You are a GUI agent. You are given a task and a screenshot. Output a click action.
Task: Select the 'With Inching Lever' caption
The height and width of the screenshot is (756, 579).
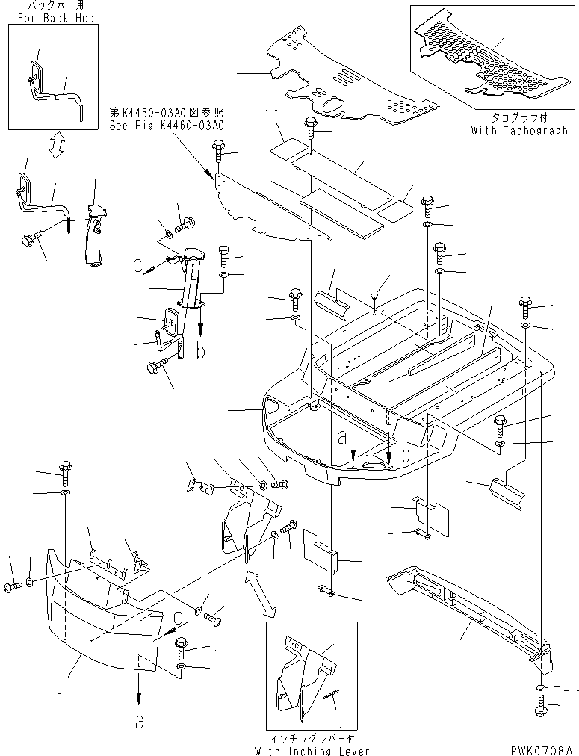click(x=312, y=750)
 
